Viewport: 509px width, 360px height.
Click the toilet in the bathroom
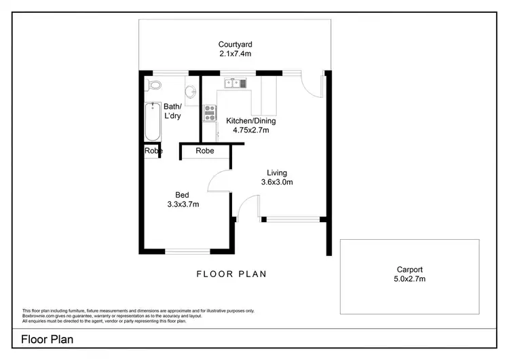154,85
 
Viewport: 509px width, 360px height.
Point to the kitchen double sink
237,84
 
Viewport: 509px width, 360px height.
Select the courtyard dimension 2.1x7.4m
235,54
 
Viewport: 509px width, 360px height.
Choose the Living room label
277,173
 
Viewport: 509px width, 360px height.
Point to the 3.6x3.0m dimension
277,182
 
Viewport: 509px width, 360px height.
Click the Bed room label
183,194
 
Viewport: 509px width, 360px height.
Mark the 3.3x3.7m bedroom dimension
183,204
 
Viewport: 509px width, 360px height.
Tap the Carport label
409,268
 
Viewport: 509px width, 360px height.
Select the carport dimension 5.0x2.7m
409,278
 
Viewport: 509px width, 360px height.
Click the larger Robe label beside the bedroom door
204,151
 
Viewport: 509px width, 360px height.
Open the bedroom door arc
219,180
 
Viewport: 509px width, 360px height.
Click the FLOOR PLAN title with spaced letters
231,274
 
